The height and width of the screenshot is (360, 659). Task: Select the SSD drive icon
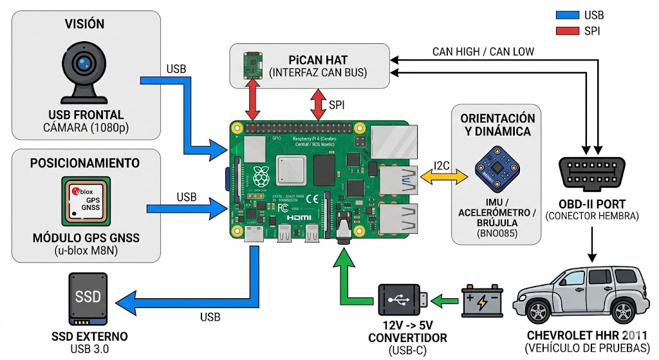point(88,300)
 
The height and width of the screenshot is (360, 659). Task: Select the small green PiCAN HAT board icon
point(252,66)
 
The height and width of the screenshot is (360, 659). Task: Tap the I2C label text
point(442,166)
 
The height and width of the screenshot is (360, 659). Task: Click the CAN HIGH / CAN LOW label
point(483,52)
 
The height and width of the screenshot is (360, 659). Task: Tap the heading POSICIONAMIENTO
point(86,162)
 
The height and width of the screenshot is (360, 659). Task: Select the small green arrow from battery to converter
point(445,300)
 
